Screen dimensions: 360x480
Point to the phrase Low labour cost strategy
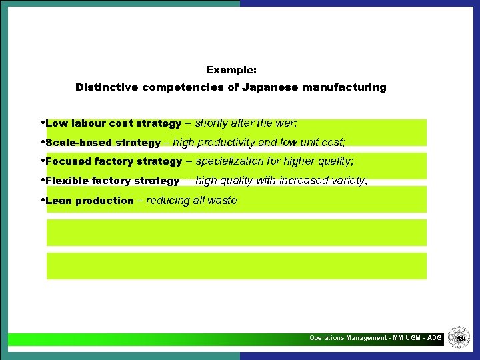click(x=113, y=123)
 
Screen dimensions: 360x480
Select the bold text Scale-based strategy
click(x=103, y=143)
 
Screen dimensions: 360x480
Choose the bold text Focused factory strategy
click(x=114, y=161)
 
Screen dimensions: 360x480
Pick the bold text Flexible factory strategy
click(x=113, y=181)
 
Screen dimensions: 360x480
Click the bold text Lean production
click(x=90, y=201)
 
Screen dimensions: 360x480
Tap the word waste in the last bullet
click(x=222, y=201)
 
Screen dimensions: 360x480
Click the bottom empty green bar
click(x=236, y=266)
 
